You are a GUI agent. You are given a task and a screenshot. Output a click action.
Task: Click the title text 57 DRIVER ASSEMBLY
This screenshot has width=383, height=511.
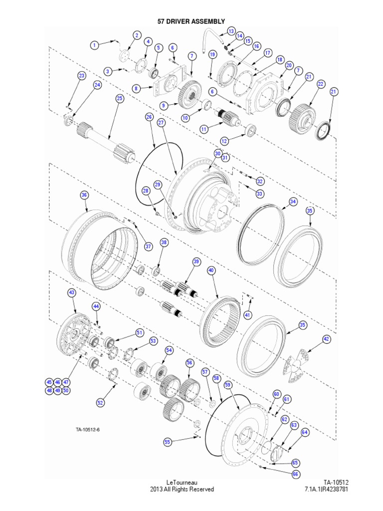click(x=191, y=21)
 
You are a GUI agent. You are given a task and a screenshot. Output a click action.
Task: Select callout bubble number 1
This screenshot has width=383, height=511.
click(x=93, y=45)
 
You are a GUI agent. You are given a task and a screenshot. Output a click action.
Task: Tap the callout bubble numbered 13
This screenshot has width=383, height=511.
click(x=231, y=31)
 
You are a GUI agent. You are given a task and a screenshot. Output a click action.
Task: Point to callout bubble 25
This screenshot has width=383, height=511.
click(x=119, y=99)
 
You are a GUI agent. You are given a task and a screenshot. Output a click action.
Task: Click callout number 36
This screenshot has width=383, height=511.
click(x=84, y=195)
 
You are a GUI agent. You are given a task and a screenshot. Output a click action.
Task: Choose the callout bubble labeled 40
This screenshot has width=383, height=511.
click(x=211, y=270)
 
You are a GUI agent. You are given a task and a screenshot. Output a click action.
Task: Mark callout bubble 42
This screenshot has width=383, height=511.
click(x=326, y=339)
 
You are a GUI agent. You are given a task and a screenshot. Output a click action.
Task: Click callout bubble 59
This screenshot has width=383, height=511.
click(x=228, y=385)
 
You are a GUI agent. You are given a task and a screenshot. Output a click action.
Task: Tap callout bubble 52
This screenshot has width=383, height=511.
click(x=101, y=402)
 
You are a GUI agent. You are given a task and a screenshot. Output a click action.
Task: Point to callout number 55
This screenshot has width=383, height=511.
click(x=167, y=442)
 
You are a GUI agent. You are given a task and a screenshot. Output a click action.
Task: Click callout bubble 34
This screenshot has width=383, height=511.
click(x=293, y=202)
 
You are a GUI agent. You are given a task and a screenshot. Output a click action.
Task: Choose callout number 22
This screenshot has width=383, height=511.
click(x=321, y=84)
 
